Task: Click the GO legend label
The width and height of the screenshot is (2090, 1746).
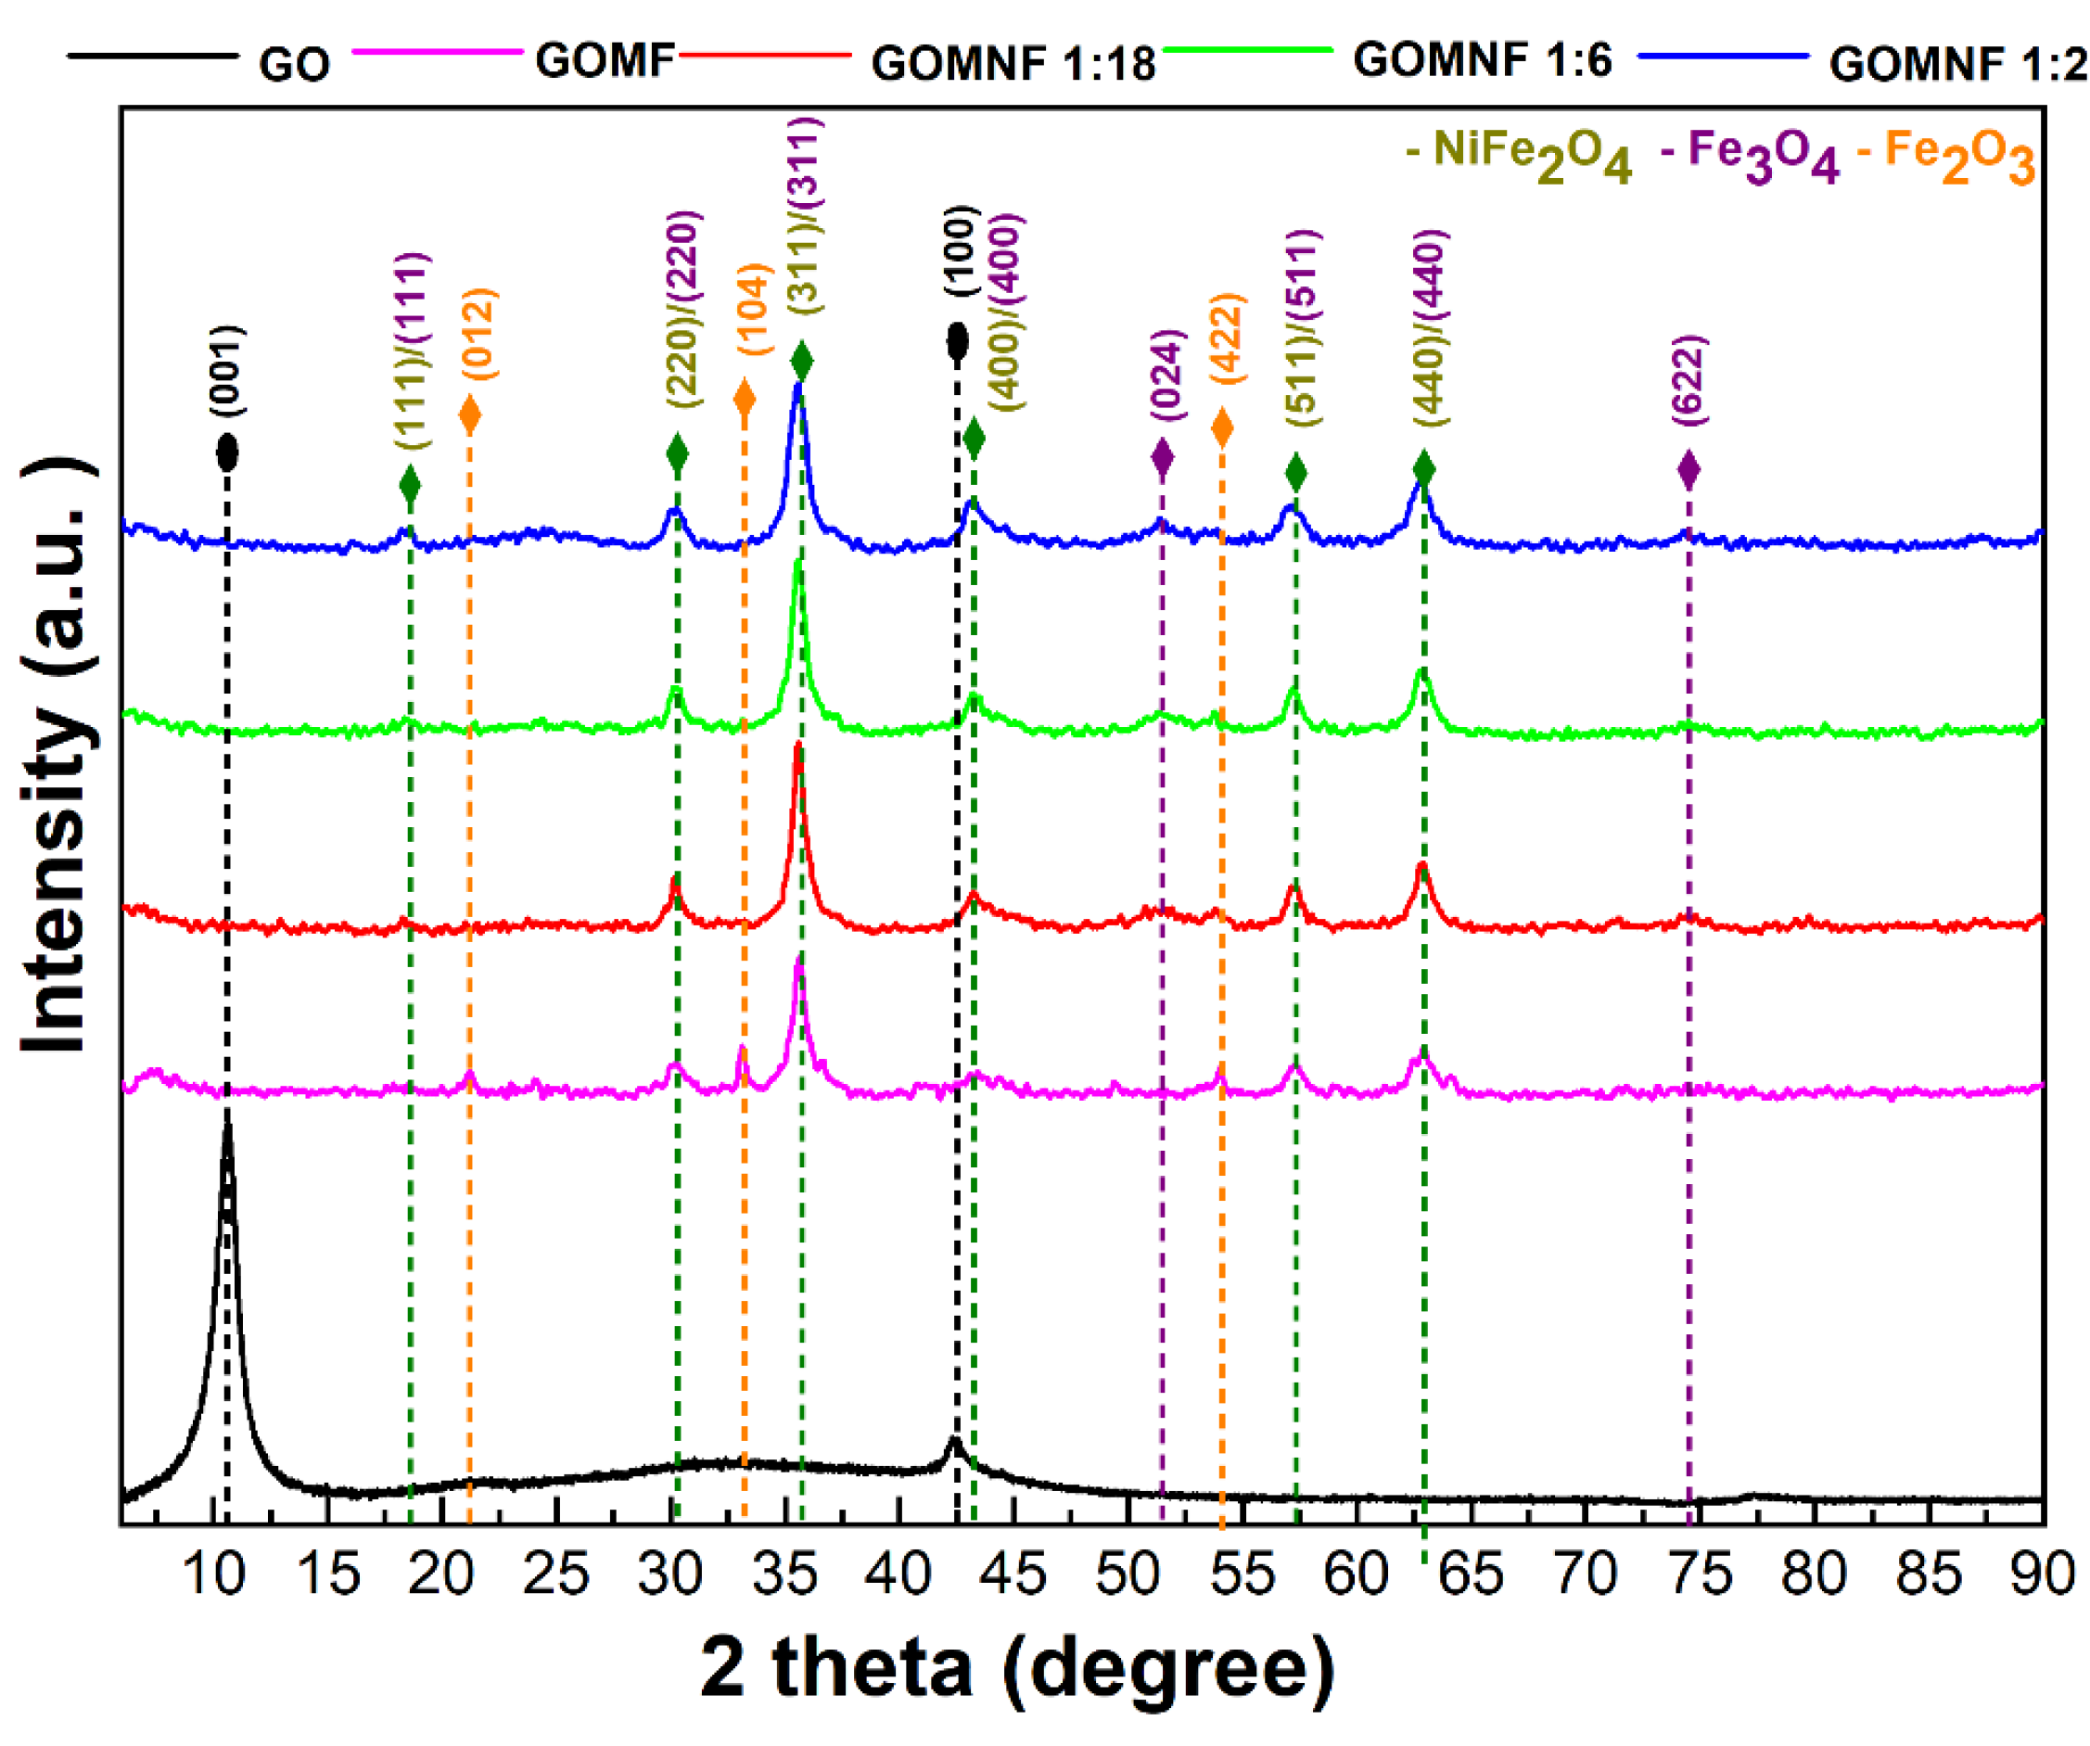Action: tap(294, 65)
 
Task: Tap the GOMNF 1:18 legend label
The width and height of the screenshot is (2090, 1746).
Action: tap(1013, 64)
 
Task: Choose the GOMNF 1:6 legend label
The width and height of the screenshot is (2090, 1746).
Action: tap(1482, 59)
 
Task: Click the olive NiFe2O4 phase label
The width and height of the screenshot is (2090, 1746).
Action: tap(1520, 157)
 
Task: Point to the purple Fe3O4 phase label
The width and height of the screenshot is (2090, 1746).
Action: tap(1751, 157)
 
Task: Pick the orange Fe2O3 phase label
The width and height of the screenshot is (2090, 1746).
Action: tap(1946, 157)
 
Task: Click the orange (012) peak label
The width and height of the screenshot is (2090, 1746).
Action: tap(478, 334)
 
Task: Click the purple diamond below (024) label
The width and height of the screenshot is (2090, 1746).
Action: tap(1162, 457)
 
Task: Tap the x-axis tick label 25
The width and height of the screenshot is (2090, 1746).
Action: tap(555, 1574)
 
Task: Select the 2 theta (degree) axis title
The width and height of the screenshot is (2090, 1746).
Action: tap(1016, 1667)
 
